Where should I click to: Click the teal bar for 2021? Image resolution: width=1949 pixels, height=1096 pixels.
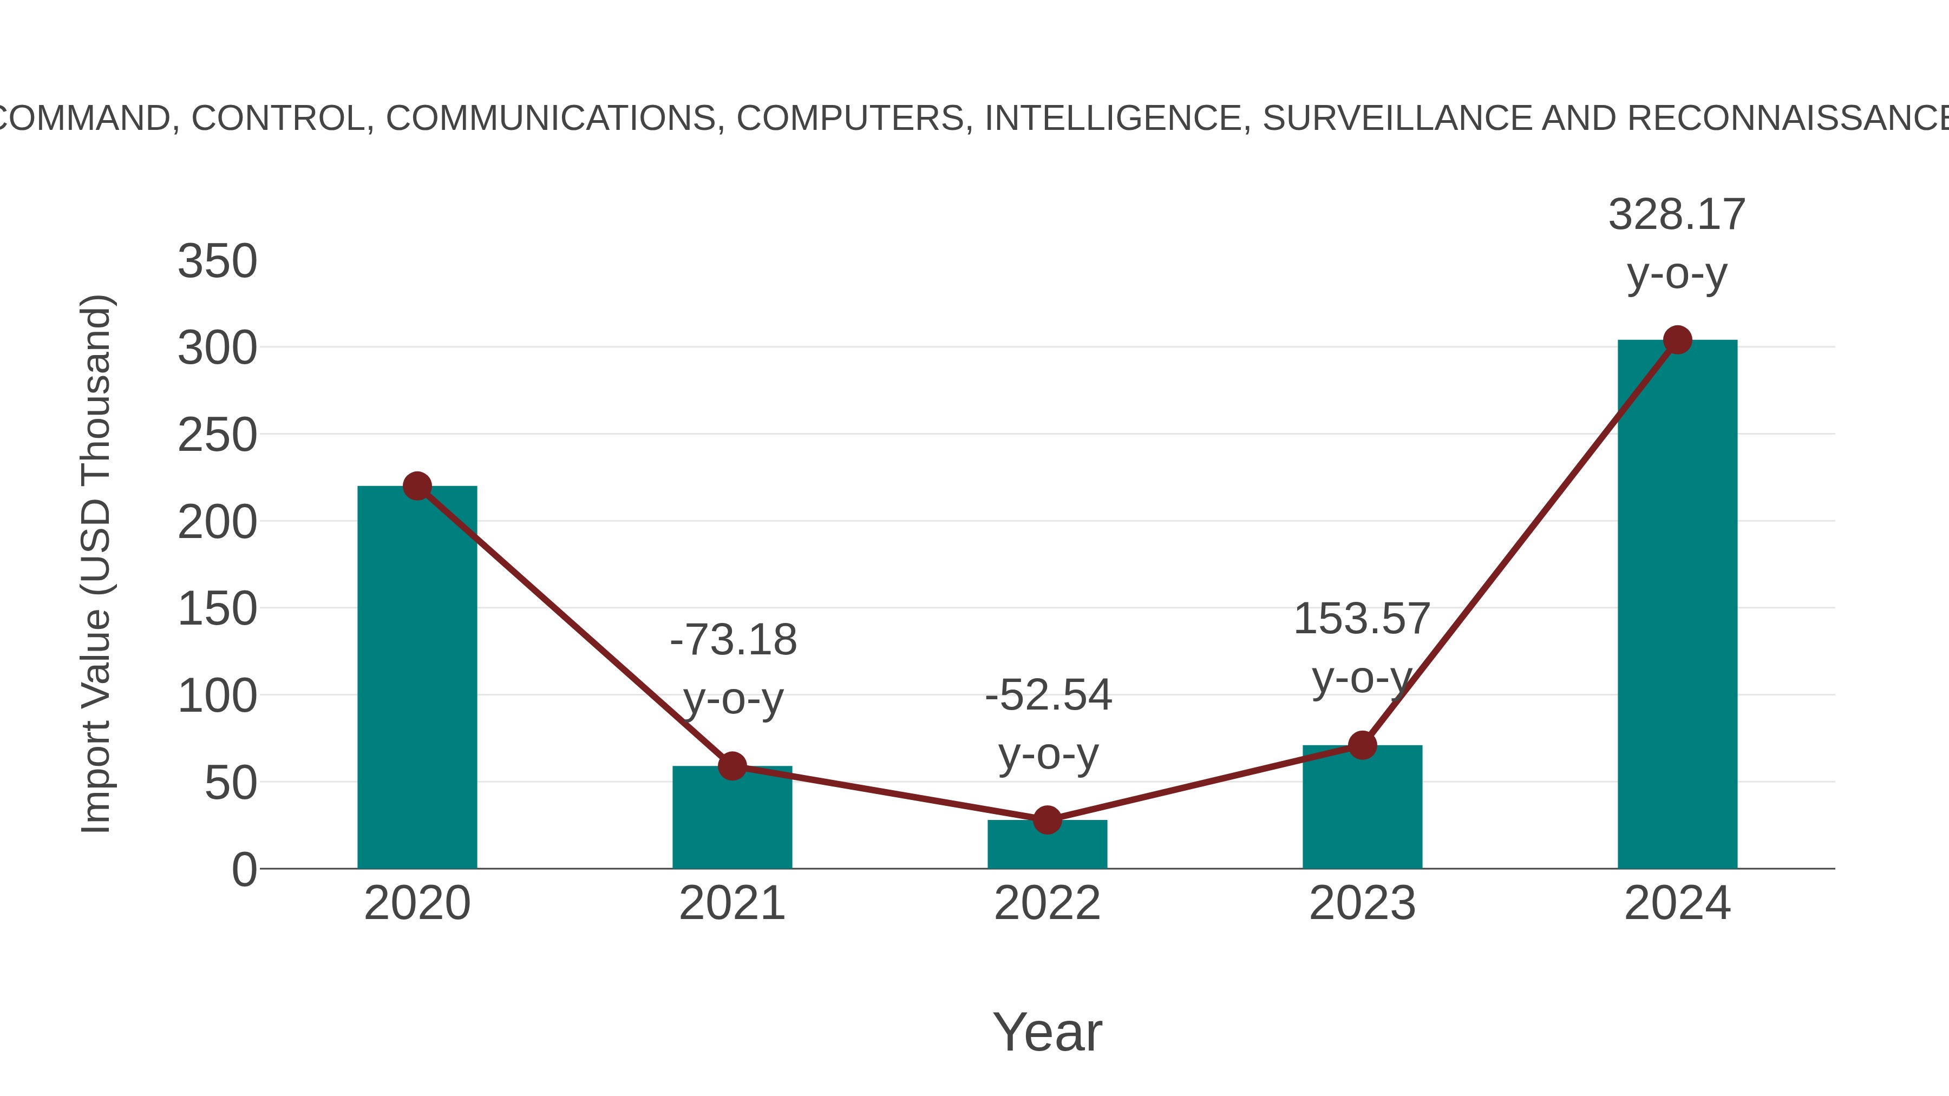[x=731, y=821]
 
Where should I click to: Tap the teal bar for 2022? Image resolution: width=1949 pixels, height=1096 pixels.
[x=1047, y=845]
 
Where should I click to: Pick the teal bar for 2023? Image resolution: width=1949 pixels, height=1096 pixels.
[x=1362, y=809]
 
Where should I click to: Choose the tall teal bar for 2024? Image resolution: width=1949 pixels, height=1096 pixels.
[x=1677, y=605]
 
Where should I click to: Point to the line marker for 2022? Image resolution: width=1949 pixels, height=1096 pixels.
[x=1047, y=820]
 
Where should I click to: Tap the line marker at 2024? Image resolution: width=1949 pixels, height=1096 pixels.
[x=1677, y=340]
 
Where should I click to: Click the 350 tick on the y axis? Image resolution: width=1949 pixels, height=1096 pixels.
[x=217, y=262]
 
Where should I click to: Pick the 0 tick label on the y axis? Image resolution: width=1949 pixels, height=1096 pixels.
[x=244, y=869]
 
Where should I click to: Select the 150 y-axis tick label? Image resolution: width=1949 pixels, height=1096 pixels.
[x=217, y=609]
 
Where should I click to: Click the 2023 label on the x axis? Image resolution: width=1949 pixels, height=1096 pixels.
[x=1362, y=903]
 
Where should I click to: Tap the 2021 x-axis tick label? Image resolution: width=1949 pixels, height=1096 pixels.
[x=731, y=903]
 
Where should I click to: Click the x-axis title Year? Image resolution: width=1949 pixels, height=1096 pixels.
[x=1047, y=1032]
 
